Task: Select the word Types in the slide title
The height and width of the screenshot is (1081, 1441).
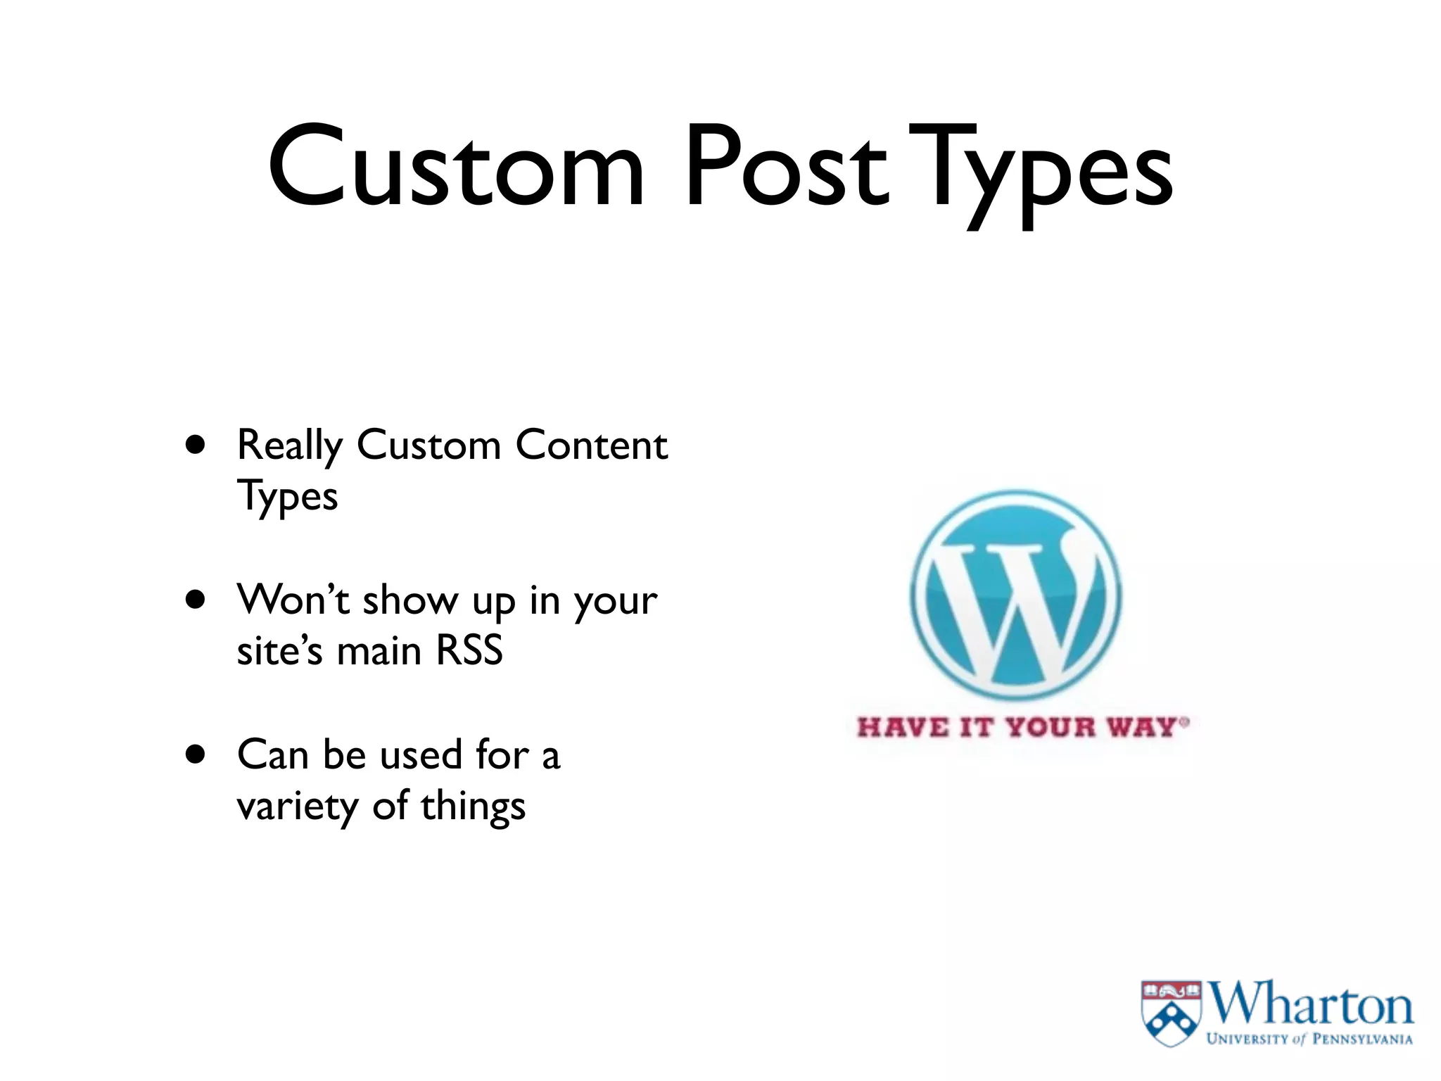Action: coord(1042,172)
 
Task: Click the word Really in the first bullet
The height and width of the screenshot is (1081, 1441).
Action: coord(289,446)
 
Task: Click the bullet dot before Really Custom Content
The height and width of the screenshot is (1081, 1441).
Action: coord(196,445)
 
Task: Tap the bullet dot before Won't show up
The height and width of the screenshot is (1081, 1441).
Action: coord(196,600)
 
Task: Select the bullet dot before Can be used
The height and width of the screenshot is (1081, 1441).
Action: coord(196,754)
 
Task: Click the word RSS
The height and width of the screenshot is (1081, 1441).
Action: coord(469,650)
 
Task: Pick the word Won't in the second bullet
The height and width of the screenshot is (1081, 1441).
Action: coord(293,600)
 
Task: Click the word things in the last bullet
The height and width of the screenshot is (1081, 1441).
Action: coord(473,807)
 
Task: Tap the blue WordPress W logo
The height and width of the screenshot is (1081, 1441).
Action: coord(1015,595)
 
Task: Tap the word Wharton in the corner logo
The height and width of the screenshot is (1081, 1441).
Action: coord(1310,1004)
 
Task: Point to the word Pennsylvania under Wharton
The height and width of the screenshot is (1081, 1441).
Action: coord(1362,1039)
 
